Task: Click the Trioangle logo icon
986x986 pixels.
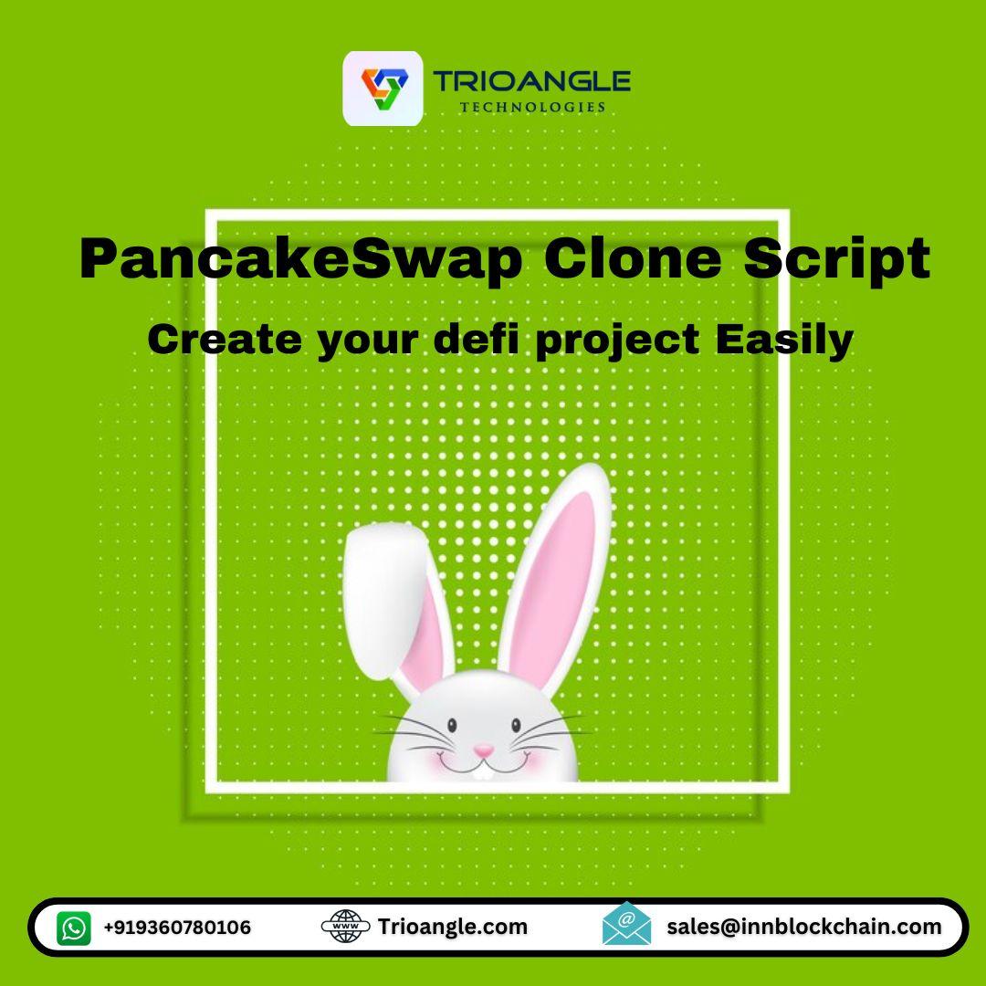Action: pos(383,89)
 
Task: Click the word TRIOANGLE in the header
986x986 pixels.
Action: pos(531,82)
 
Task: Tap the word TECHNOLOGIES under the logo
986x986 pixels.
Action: pos(532,108)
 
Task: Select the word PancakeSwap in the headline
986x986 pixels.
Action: pos(300,259)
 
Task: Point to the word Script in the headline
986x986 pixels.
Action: pos(837,259)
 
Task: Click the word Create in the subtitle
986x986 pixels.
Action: pos(225,340)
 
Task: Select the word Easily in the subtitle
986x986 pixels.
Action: pos(784,341)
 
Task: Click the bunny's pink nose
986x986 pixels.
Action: pos(483,750)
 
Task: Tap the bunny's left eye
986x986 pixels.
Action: pos(452,726)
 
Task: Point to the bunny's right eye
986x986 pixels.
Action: pos(516,726)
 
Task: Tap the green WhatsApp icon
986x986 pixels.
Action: pos(74,928)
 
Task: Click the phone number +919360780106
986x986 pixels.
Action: pos(177,928)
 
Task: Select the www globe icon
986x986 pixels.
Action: pos(345,927)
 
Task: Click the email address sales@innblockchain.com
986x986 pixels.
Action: pos(804,927)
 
